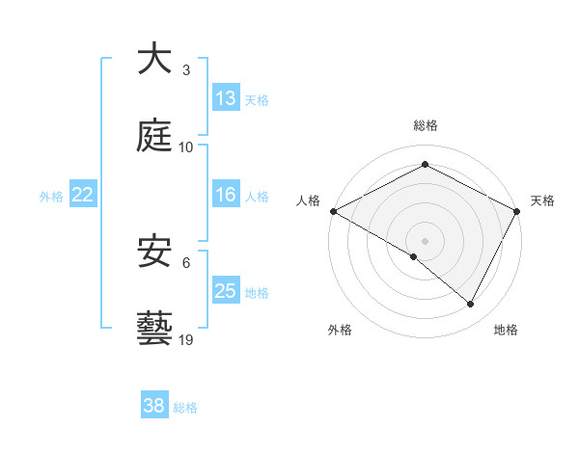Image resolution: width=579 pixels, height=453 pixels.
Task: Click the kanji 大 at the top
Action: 155,59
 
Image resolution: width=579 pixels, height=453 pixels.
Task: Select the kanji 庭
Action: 155,136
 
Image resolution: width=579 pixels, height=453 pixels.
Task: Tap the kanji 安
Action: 155,252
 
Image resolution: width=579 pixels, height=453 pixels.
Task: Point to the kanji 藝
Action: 155,329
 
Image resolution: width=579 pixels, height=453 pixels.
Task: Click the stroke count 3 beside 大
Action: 186,70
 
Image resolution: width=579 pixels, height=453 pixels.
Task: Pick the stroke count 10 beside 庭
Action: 186,147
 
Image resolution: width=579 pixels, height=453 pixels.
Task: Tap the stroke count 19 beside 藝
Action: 186,340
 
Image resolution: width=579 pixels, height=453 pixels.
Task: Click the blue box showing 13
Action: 226,98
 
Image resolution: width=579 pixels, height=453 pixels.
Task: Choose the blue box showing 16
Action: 226,195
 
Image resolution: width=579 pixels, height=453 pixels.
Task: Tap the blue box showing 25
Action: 226,291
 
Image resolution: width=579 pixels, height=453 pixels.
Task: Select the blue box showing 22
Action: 83,195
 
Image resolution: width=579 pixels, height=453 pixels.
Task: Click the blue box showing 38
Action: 154,407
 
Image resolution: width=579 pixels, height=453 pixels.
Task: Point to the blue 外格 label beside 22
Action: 51,196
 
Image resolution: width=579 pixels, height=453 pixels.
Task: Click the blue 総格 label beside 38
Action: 185,408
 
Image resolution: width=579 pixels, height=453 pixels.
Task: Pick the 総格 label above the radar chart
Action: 426,125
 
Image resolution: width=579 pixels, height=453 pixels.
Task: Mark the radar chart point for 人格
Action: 333,211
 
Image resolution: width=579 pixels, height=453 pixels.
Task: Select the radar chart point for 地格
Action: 471,305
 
